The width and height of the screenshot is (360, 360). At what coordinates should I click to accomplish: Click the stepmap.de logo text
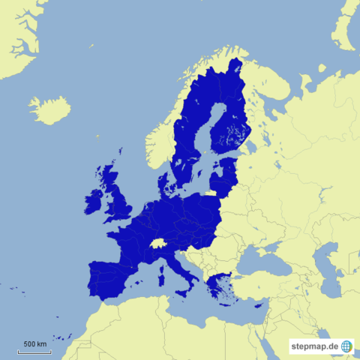click(x=315, y=346)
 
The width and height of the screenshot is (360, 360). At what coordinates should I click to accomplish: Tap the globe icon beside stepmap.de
click(x=346, y=346)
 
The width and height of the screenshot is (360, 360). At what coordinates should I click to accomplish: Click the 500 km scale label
click(x=34, y=343)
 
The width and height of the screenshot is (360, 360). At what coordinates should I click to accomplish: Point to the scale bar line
click(x=34, y=350)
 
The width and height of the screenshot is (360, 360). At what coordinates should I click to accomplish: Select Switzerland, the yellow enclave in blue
click(x=157, y=243)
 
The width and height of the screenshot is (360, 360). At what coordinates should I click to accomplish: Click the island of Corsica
click(x=160, y=262)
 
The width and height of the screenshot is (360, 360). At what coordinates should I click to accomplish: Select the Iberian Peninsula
click(x=112, y=277)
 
